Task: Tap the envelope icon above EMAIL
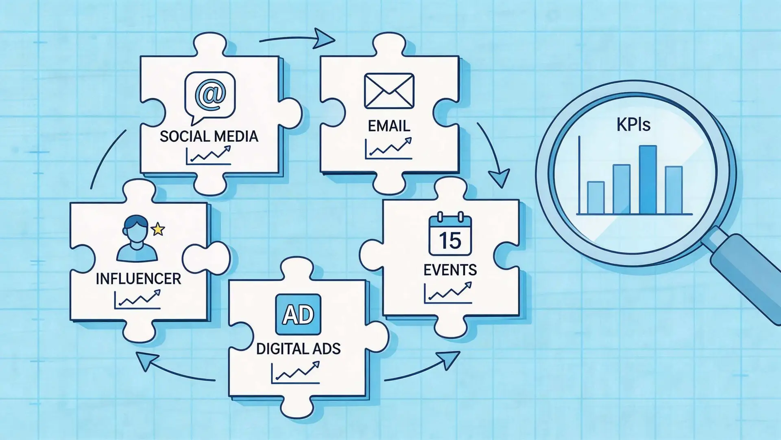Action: pyautogui.click(x=389, y=91)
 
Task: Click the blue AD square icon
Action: pyautogui.click(x=298, y=315)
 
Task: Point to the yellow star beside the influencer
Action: pyautogui.click(x=158, y=229)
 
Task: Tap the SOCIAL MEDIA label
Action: pyautogui.click(x=209, y=136)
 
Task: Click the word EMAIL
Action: pyautogui.click(x=389, y=126)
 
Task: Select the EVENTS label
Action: pyautogui.click(x=450, y=270)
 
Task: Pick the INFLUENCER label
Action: pyautogui.click(x=138, y=279)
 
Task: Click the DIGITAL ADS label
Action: pyautogui.click(x=299, y=349)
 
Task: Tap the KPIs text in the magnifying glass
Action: pyautogui.click(x=633, y=124)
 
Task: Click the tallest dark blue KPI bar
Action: pyautogui.click(x=648, y=180)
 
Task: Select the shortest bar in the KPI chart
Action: pyautogui.click(x=596, y=198)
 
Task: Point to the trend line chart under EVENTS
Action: pyautogui.click(x=448, y=293)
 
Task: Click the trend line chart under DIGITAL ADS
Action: pyautogui.click(x=295, y=372)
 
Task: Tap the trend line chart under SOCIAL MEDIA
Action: pyautogui.click(x=208, y=155)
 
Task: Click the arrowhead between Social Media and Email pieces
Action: pyautogui.click(x=324, y=38)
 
